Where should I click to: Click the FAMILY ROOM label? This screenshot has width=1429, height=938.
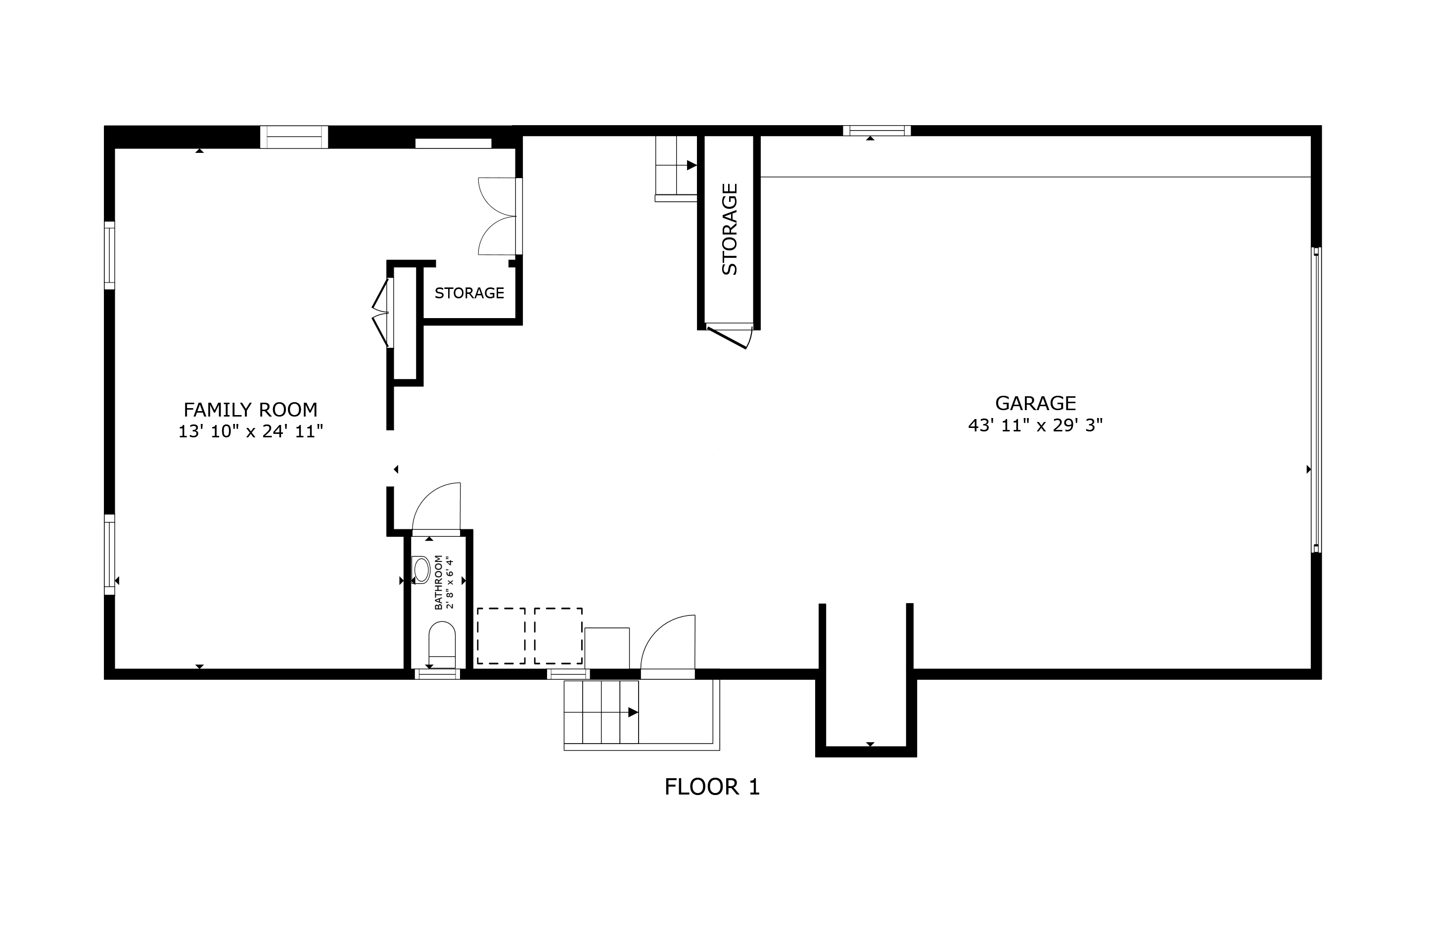(x=250, y=410)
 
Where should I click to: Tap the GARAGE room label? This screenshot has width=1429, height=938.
(x=1035, y=403)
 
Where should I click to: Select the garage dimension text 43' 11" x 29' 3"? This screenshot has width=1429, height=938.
(x=1035, y=425)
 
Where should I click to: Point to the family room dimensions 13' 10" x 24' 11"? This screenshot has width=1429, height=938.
(x=250, y=431)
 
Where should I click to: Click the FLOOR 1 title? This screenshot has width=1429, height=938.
(x=712, y=787)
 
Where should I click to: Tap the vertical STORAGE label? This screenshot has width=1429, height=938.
(x=729, y=230)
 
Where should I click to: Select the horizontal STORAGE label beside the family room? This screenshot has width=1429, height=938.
(x=469, y=293)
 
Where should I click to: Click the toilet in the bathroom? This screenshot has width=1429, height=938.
(x=442, y=645)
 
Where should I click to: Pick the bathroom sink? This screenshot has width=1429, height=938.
(x=421, y=569)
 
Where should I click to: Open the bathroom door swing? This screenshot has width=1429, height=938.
(x=436, y=508)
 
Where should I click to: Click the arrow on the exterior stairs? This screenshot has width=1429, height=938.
(x=633, y=712)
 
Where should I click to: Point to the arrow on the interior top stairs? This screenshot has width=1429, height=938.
(x=691, y=165)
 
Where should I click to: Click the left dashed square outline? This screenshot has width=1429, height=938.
(x=502, y=636)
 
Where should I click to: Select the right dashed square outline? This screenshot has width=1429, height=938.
(x=558, y=636)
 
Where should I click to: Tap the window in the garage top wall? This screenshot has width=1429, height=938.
(x=876, y=130)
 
